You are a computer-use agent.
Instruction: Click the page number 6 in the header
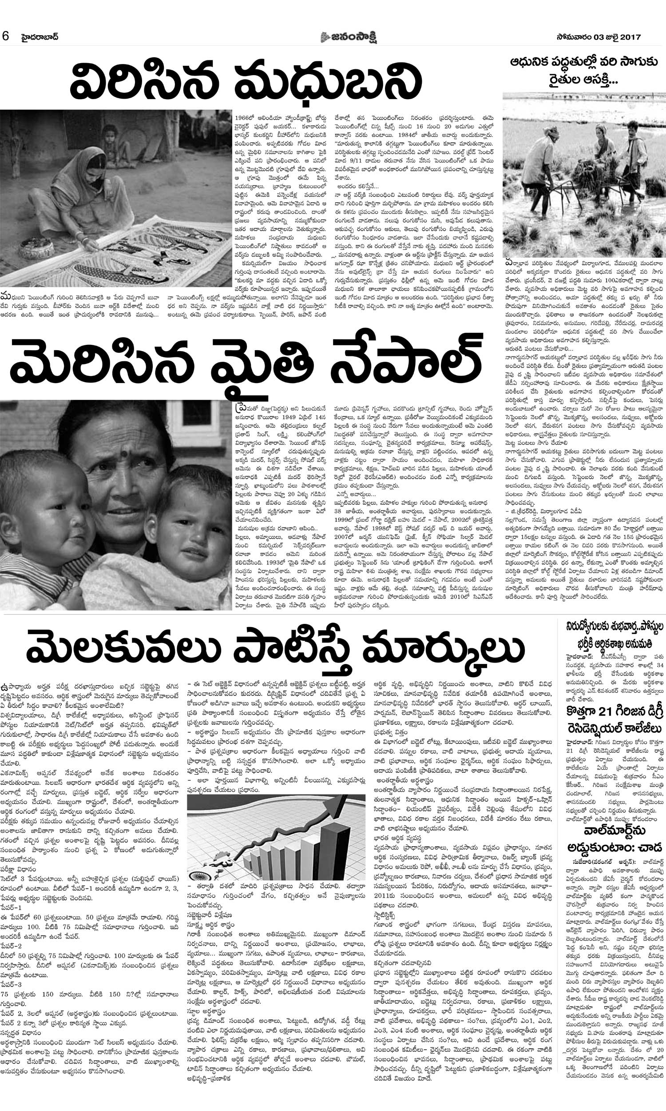point(6,36)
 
